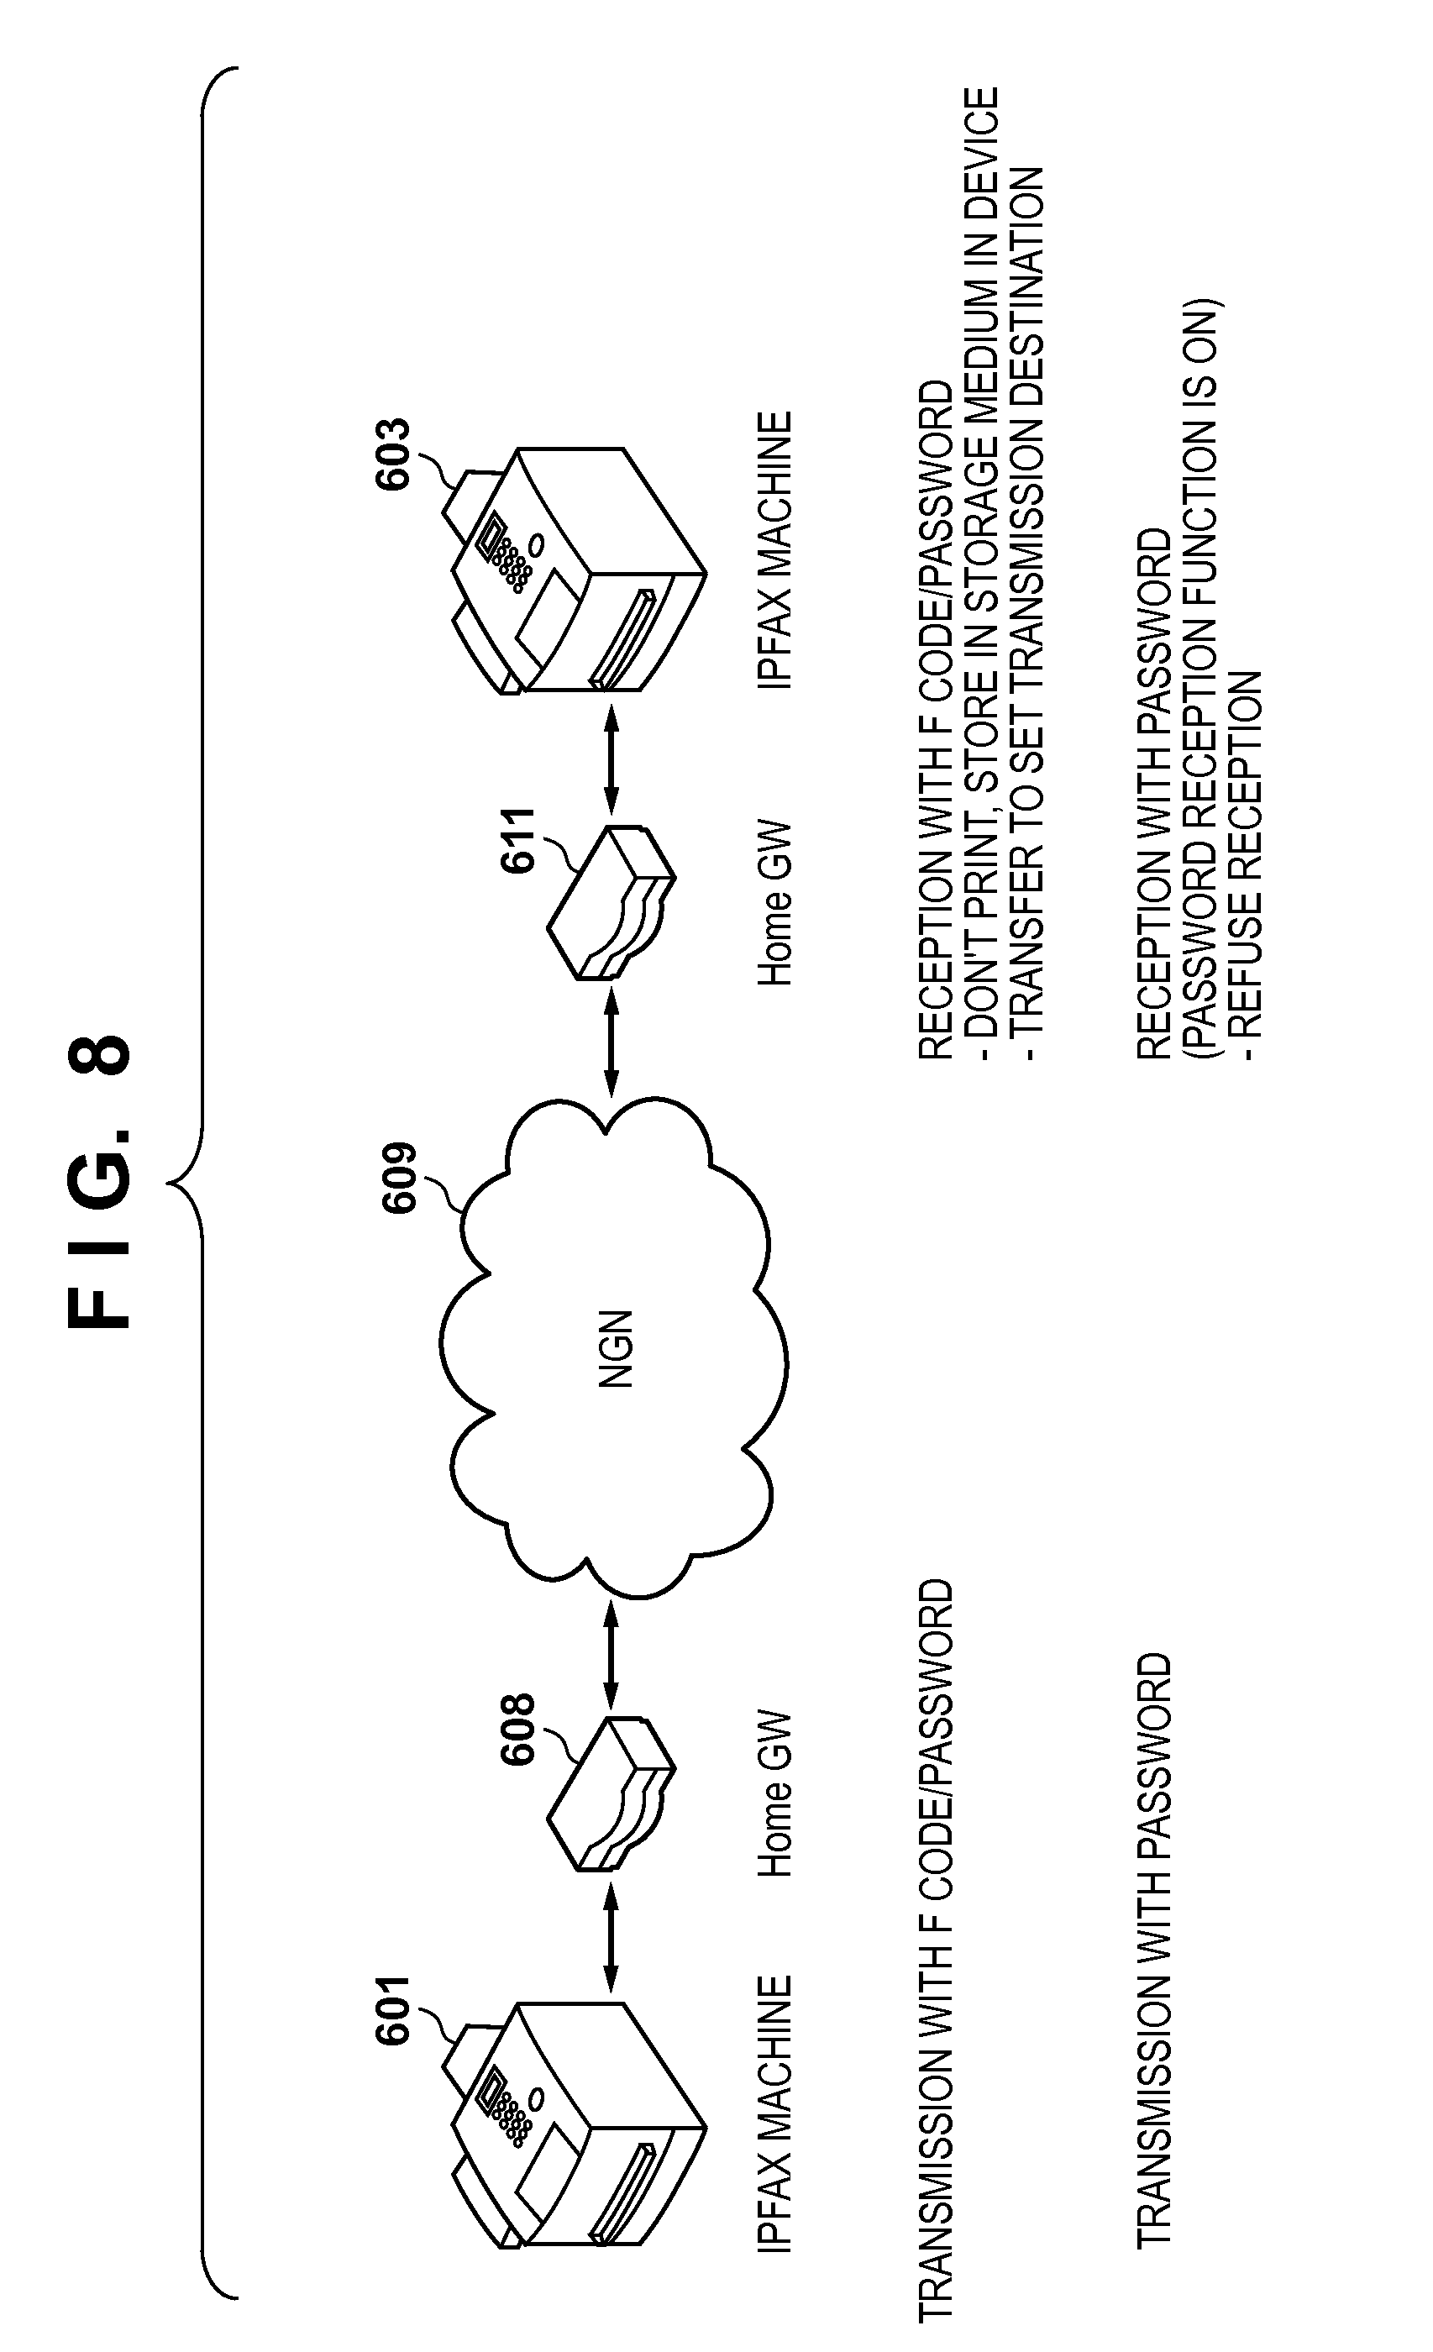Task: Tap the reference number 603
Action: (x=392, y=454)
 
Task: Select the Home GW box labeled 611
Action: (x=611, y=902)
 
